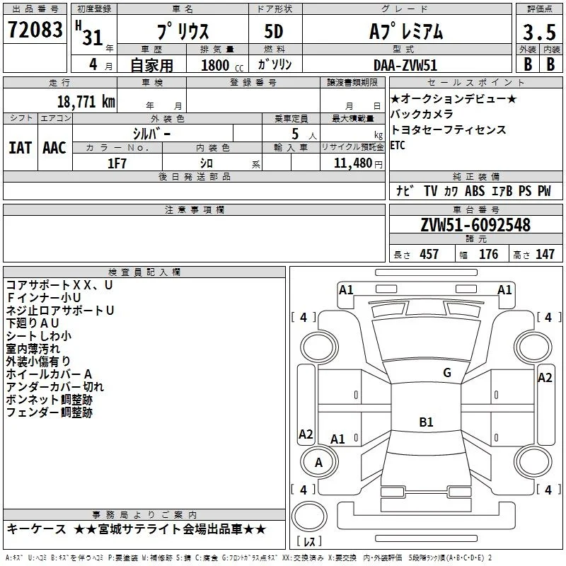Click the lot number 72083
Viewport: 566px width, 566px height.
(x=35, y=29)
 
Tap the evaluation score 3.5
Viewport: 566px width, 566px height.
(x=539, y=32)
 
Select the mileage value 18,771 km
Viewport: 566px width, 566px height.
(x=86, y=101)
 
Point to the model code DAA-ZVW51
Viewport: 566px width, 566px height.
(x=405, y=65)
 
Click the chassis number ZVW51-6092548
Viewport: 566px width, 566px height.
(x=475, y=225)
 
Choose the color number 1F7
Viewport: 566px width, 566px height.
(x=117, y=163)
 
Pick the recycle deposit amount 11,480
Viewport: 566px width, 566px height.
(x=352, y=163)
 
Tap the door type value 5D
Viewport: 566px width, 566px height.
(x=274, y=31)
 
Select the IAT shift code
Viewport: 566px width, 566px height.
(x=20, y=148)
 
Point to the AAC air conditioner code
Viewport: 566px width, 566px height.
(x=54, y=148)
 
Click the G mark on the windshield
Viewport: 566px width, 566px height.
(x=447, y=373)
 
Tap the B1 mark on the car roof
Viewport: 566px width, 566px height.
(x=426, y=422)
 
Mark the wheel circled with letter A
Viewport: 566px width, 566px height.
(x=319, y=462)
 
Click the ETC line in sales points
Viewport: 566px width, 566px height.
(x=398, y=145)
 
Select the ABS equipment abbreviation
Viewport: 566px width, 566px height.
(x=474, y=191)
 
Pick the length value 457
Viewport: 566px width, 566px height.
(x=429, y=254)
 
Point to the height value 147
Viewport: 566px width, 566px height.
(x=545, y=254)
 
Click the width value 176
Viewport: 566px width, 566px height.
(x=488, y=254)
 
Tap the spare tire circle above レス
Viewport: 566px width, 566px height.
(x=309, y=517)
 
